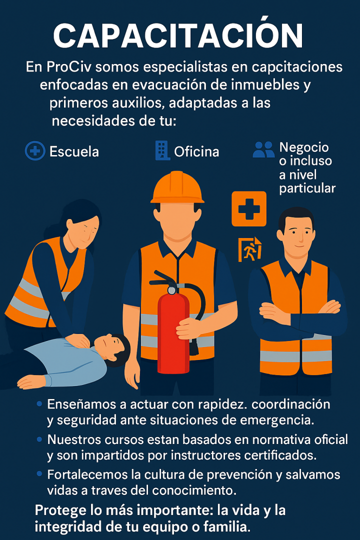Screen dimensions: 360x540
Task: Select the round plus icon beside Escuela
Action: pyautogui.click(x=35, y=151)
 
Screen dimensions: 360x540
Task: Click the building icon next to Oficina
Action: pyautogui.click(x=162, y=150)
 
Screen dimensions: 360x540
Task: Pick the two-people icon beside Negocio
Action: pyautogui.click(x=264, y=149)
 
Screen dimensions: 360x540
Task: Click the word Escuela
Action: pyautogui.click(x=74, y=151)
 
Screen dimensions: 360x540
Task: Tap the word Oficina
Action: pyautogui.click(x=196, y=151)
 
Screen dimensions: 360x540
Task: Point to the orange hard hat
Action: pyautogui.click(x=177, y=187)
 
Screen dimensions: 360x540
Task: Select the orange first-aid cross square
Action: pyautogui.click(x=248, y=208)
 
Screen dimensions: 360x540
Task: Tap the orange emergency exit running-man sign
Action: pyautogui.click(x=250, y=249)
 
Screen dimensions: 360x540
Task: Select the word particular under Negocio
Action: pyautogui.click(x=307, y=188)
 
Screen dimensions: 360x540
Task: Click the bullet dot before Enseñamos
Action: pyautogui.click(x=39, y=403)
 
